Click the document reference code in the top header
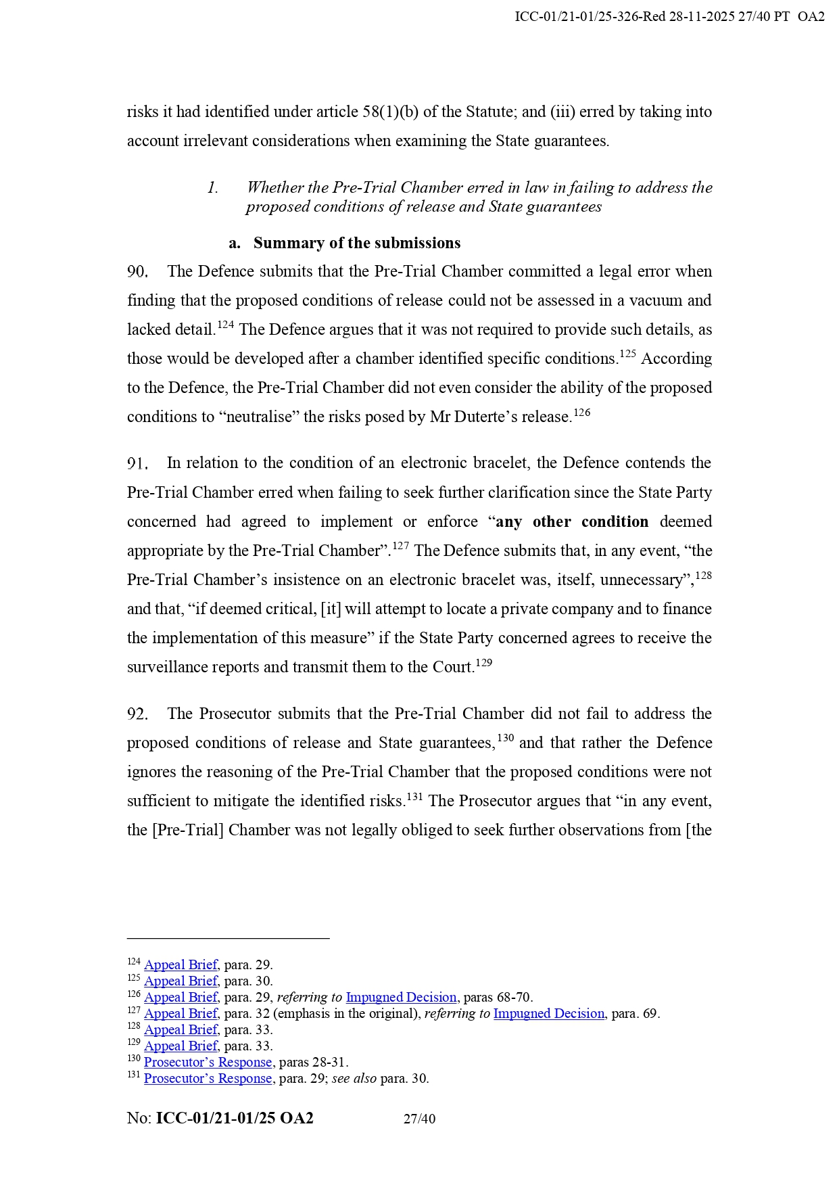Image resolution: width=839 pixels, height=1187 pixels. [x=669, y=17]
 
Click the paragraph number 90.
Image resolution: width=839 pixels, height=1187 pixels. [x=137, y=272]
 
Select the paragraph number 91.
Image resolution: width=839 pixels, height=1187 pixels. [x=137, y=463]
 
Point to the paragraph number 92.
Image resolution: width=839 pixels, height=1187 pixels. [x=137, y=714]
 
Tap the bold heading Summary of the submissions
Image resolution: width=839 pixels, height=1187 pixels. [x=356, y=243]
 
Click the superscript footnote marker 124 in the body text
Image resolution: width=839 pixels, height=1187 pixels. [x=225, y=325]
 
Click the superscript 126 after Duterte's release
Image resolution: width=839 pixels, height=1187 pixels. [x=581, y=413]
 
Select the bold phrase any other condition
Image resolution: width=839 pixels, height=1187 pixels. [x=572, y=521]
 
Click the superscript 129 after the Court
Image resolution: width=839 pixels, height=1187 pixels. [x=483, y=663]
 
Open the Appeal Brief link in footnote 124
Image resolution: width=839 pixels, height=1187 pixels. [x=181, y=965]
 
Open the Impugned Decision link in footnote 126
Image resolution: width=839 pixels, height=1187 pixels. [x=401, y=998]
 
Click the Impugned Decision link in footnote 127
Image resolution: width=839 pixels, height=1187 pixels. [x=548, y=1014]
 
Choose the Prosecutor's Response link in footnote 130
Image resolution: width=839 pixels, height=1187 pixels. [x=208, y=1063]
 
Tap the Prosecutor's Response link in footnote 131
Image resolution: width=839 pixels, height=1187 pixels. [x=208, y=1079]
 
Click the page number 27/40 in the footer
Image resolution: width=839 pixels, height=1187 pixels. [x=419, y=1119]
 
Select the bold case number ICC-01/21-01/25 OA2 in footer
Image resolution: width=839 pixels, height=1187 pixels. [x=235, y=1119]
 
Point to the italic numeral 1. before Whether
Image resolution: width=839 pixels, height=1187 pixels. [x=212, y=188]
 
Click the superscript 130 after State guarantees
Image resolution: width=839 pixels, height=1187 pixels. [x=505, y=739]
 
